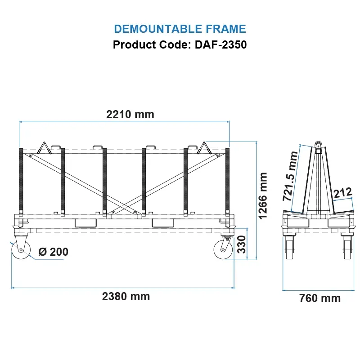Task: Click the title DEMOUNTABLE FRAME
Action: (180, 29)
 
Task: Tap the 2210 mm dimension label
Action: (130, 114)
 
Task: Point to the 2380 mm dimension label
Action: (126, 297)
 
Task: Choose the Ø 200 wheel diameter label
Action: (54, 252)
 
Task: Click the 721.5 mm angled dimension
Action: (291, 176)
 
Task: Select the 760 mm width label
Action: (320, 298)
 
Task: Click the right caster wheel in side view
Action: (224, 249)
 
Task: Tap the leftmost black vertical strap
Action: (21, 180)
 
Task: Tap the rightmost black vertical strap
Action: (227, 180)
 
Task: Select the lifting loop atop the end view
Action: (318, 145)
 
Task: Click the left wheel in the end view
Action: (289, 250)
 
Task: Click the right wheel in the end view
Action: (347, 250)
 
